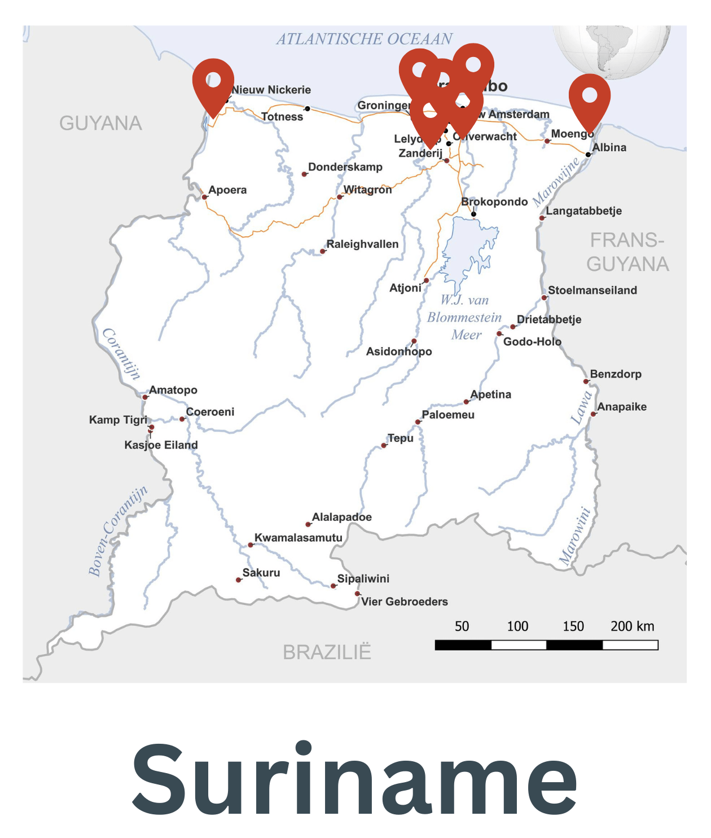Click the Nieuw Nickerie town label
pos(271,90)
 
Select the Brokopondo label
pos(494,201)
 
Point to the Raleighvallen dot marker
pos(323,251)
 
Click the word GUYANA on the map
pos(100,123)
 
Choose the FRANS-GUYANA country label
pos(627,252)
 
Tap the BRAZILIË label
pos(327,652)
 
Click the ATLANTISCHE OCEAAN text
pos(364,39)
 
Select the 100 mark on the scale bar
pos(517,626)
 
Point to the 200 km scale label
pos(632,626)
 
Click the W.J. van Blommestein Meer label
pos(464,317)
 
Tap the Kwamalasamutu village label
pos(299,538)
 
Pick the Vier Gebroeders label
pos(405,602)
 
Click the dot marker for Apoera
pos(204,197)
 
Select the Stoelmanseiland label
pos(592,290)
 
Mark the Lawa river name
pos(581,407)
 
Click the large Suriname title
pos(355,779)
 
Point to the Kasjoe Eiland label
pos(161,445)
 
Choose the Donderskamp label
pos(345,167)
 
